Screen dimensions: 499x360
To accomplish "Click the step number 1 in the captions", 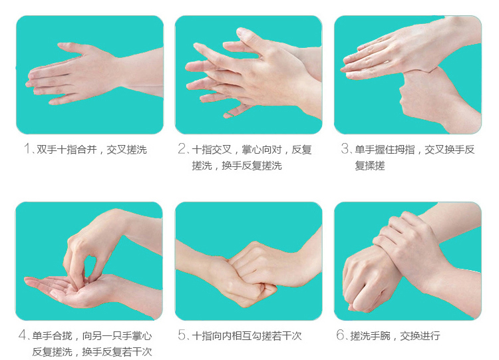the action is pos(27,148).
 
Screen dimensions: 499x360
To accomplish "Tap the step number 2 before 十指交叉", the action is pos(182,148).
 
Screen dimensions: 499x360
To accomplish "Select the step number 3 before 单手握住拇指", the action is pos(345,148).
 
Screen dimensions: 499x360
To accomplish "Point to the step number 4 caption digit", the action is pos(23,335).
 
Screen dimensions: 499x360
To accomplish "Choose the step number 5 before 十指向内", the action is pos(182,335).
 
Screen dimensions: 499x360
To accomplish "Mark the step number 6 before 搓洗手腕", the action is pos(341,335).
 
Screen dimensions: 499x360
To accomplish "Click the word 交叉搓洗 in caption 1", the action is pos(126,149).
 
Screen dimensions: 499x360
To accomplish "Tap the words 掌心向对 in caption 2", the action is pos(261,149).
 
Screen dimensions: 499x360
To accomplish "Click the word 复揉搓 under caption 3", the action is pos(370,166).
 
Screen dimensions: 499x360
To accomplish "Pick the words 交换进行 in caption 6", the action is pos(420,335).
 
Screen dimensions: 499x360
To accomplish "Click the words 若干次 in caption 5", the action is pos(286,335).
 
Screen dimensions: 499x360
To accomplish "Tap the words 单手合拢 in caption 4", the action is pos(52,335).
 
